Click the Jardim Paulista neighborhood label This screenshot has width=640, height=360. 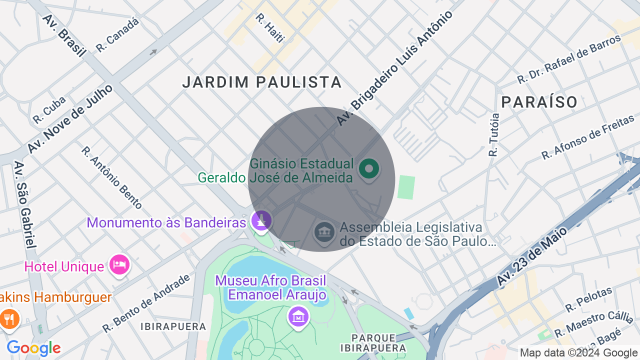(262, 82)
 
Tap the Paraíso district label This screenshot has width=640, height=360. (539, 102)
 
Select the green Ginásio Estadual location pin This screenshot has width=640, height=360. (369, 169)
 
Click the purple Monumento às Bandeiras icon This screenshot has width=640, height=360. (260, 220)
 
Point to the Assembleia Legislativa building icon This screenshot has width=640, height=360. (325, 232)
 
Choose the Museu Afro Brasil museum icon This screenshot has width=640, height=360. (298, 316)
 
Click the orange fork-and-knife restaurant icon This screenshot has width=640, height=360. (9, 319)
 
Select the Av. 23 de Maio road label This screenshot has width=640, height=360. (532, 256)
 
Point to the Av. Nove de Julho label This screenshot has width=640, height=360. (69, 119)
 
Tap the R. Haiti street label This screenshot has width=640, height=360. (269, 28)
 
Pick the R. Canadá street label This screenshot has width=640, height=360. (117, 34)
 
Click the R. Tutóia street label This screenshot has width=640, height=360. (494, 134)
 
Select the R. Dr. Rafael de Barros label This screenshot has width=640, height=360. (568, 59)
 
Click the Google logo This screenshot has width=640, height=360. (33, 348)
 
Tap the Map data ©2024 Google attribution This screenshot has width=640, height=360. (578, 353)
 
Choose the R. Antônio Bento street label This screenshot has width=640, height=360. (111, 177)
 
